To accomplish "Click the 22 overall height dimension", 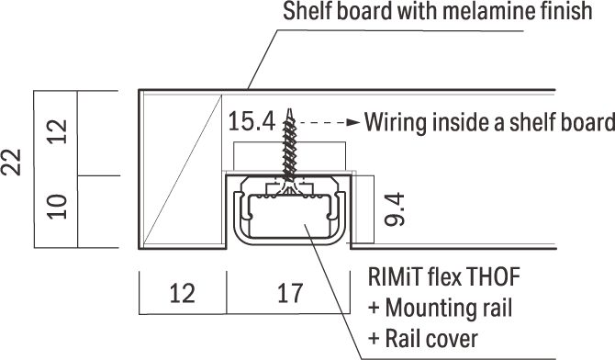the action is (11, 162).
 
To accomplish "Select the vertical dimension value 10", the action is (57, 207).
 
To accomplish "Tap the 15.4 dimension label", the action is (252, 121).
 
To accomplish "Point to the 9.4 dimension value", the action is (395, 209).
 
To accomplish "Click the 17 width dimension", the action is (290, 293).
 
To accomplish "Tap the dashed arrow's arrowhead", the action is (353, 122).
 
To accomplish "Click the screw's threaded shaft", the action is (289, 149).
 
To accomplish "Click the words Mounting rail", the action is (448, 308).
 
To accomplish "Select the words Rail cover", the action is (431, 339).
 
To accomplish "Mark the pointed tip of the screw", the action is (289, 109).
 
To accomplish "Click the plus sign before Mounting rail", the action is (374, 309).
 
